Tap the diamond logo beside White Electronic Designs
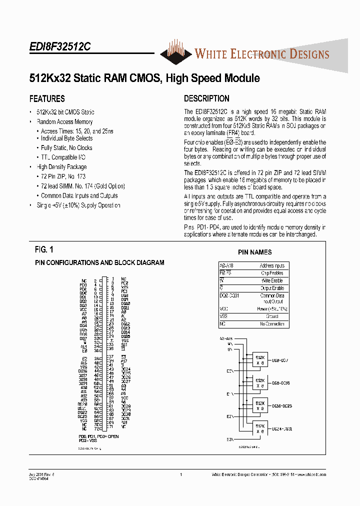[x=176, y=52]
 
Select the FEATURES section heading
[x=47, y=99]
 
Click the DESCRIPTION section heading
[x=206, y=99]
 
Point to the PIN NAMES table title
[x=254, y=252]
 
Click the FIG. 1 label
[x=44, y=249]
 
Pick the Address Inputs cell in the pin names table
[x=271, y=266]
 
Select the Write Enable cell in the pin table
[x=271, y=280]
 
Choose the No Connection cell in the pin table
[x=271, y=324]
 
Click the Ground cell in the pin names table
[x=271, y=316]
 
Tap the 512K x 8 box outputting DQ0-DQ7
[x=260, y=360]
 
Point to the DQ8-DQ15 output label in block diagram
[x=281, y=383]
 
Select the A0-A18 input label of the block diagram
[x=226, y=338]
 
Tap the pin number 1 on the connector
[x=112, y=278]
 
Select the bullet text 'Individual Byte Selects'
[x=66, y=138]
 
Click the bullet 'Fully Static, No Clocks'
[x=66, y=148]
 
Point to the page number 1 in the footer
[x=180, y=474]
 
